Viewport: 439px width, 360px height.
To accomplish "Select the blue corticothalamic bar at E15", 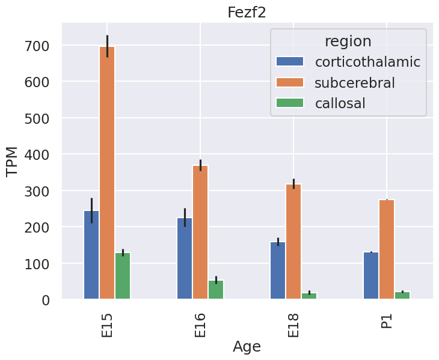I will [91, 255].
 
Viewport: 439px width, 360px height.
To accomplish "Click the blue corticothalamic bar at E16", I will [185, 258].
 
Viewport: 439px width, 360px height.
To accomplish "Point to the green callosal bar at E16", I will [216, 290].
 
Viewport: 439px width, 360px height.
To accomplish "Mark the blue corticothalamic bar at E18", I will [278, 270].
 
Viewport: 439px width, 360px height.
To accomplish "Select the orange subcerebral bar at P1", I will [387, 250].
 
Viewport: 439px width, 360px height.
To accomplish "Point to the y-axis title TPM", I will [13, 161].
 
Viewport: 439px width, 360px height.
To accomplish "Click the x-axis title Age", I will [247, 347].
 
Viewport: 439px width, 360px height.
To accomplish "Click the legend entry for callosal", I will [340, 103].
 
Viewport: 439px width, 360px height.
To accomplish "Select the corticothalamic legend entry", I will [367, 61].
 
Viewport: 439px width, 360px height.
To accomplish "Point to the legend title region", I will [348, 41].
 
